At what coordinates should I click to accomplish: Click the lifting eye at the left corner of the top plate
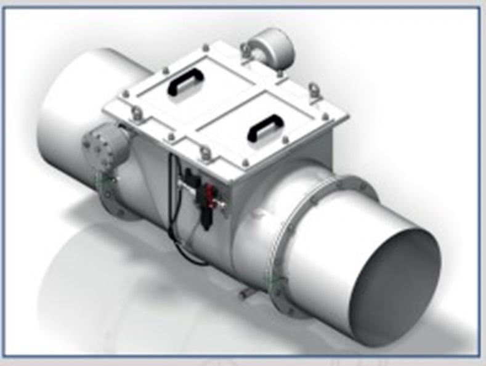pyautogui.click(x=137, y=113)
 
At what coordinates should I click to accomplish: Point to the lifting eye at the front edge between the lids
pyautogui.click(x=206, y=152)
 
